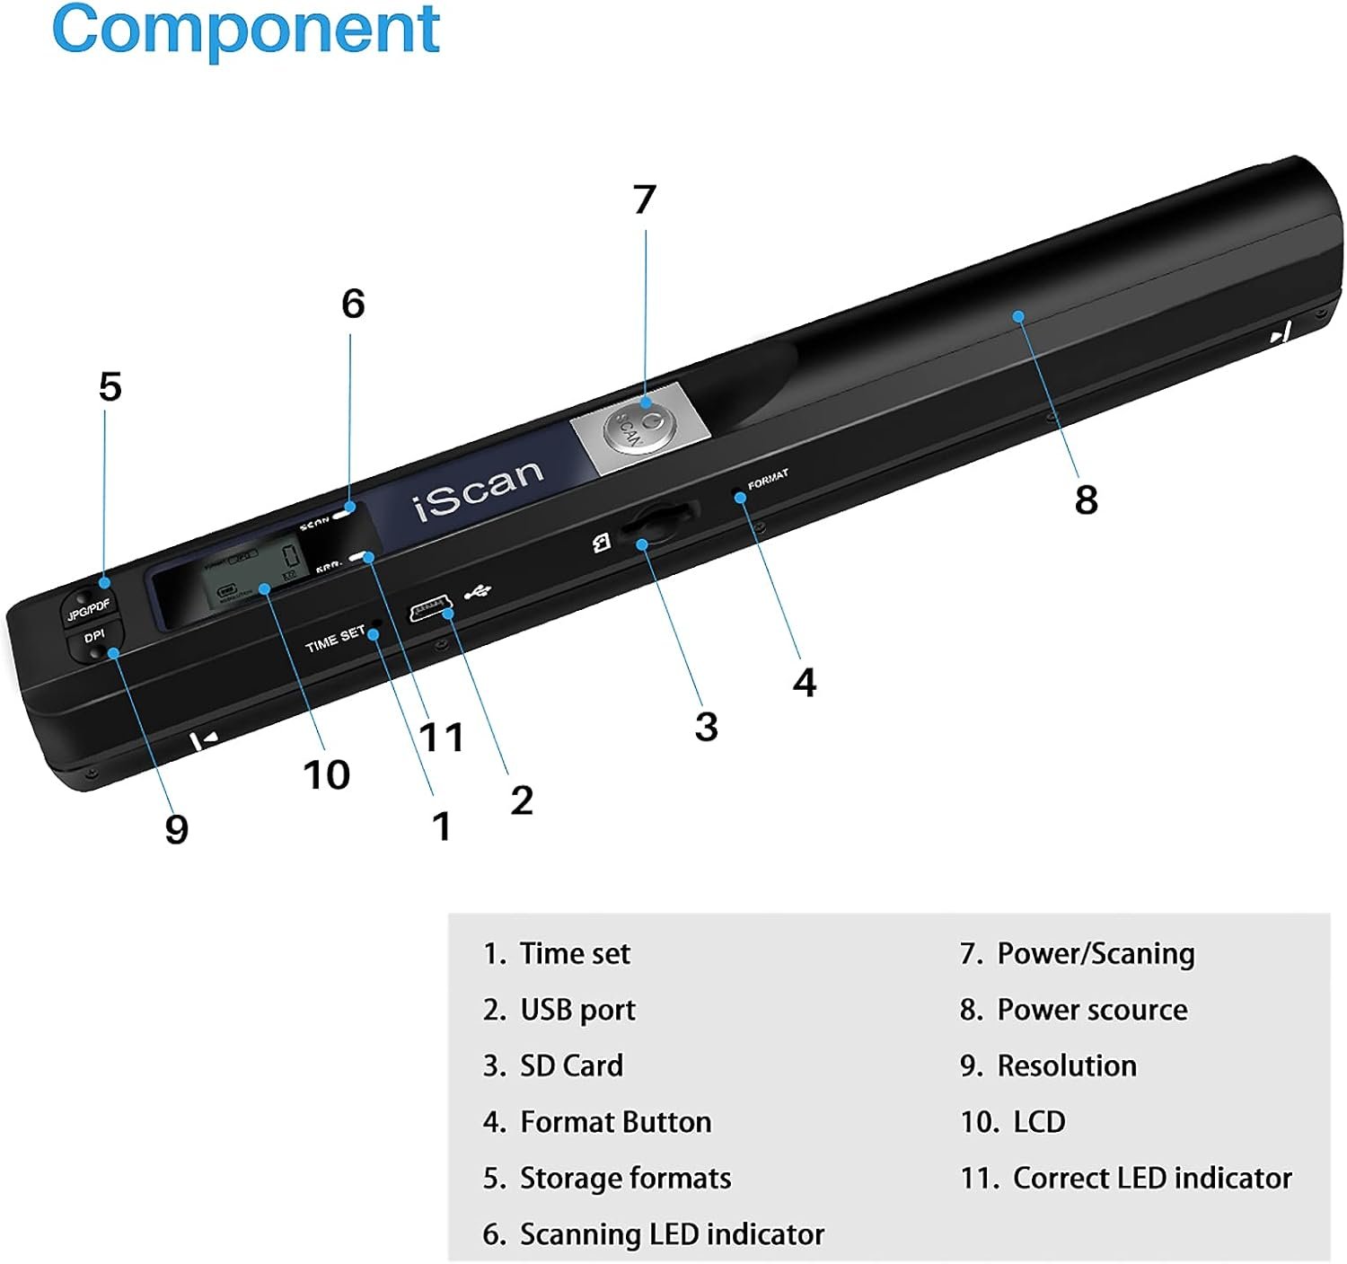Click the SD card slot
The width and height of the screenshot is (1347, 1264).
pos(659,525)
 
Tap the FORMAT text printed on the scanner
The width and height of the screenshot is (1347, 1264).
pos(768,478)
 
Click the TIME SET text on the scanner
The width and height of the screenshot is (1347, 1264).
pos(335,639)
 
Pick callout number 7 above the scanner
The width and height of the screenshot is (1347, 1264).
pos(644,199)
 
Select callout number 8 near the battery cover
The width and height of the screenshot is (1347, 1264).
pos(1086,499)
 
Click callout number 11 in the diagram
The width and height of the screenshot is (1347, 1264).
pos(441,737)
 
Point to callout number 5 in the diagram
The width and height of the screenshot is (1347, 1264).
pos(110,387)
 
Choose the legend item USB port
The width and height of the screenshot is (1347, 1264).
pos(577,1010)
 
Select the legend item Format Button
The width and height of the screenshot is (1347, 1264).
pos(615,1122)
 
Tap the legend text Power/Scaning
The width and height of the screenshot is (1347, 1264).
pos(1096,953)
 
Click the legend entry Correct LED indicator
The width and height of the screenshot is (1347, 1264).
pos(1151,1178)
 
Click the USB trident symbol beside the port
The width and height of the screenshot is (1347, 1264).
pos(478,592)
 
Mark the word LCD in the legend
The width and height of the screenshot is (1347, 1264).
pos(1039,1122)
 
